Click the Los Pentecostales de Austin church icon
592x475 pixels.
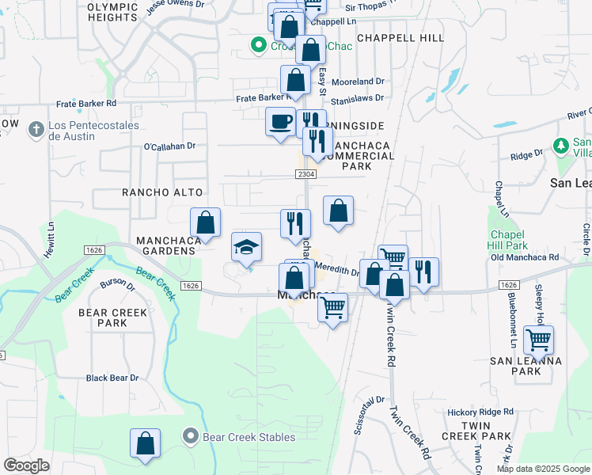click(x=36, y=128)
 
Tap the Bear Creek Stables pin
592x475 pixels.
click(x=190, y=436)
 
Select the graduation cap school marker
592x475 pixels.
click(x=246, y=247)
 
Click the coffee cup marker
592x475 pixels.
click(x=280, y=122)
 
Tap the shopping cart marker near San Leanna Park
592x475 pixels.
click(x=538, y=340)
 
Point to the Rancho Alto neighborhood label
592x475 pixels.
click(x=162, y=192)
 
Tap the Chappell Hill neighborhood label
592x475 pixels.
click(x=400, y=37)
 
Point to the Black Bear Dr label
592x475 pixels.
click(x=112, y=378)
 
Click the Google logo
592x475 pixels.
click(x=26, y=465)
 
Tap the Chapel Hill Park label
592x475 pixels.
click(x=508, y=240)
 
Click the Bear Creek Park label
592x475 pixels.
click(x=113, y=317)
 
